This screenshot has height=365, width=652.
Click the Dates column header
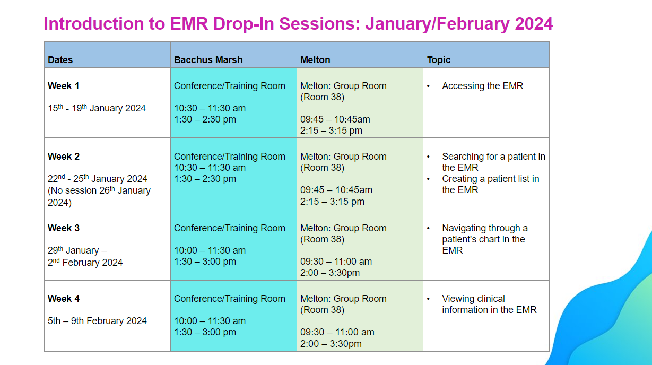tap(60, 60)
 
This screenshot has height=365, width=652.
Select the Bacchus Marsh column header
tap(208, 60)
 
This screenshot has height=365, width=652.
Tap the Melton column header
tap(315, 60)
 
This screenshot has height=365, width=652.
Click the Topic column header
tap(439, 60)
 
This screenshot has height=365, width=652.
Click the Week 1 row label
tap(64, 86)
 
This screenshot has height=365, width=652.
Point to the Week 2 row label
tap(64, 157)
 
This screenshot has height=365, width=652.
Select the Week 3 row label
tap(64, 228)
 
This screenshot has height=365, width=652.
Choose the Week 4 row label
tap(64, 299)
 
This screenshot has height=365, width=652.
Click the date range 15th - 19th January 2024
tap(97, 108)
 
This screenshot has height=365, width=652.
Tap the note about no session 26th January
tap(99, 196)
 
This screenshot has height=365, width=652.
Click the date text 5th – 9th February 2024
tap(97, 321)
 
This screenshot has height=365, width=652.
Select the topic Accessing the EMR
tap(482, 86)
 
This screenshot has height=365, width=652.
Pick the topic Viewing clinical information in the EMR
tap(489, 305)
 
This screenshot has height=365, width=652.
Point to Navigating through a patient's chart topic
tap(484, 239)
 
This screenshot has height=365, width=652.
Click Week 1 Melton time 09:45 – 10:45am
tap(335, 119)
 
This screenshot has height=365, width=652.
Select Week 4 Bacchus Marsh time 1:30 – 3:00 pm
tap(205, 333)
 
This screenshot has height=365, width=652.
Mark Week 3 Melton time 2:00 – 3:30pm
tap(330, 273)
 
